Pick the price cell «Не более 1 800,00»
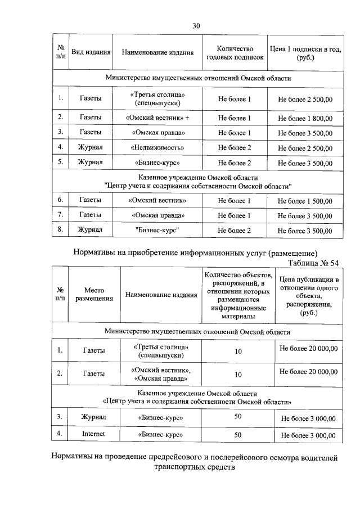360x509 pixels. [305, 118]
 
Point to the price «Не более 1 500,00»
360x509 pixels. [305, 200]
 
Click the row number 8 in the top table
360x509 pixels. [60, 229]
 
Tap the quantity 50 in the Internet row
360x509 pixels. [238, 434]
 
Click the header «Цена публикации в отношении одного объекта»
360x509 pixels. [308, 296]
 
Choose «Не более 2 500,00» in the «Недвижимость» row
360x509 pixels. [305, 148]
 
